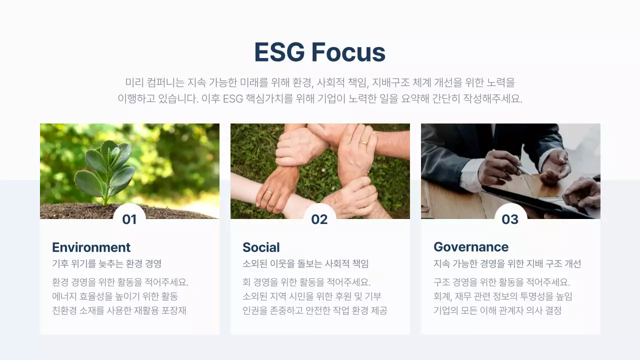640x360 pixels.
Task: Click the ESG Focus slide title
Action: point(319,52)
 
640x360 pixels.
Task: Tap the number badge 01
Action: point(129,219)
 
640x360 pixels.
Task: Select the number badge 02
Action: point(319,219)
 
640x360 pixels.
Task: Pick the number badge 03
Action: point(510,219)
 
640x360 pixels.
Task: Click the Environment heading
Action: point(91,247)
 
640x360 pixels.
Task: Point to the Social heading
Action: point(261,247)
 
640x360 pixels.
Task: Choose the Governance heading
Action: point(470,247)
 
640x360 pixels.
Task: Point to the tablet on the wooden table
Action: point(530,197)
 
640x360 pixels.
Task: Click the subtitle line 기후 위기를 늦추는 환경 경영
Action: point(106,263)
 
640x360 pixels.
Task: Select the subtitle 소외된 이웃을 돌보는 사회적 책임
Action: point(305,263)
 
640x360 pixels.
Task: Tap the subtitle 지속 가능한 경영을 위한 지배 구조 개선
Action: point(507,263)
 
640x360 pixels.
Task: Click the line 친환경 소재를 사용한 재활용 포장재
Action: point(119,310)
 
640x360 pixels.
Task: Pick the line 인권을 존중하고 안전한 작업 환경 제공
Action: point(314,310)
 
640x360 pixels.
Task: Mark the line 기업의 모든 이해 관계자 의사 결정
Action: point(497,310)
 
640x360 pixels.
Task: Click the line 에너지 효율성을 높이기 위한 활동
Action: point(115,296)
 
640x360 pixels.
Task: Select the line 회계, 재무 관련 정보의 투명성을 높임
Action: point(502,296)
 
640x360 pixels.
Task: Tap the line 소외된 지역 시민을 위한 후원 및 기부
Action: point(311,296)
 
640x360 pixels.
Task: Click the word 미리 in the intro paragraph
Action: point(134,82)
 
